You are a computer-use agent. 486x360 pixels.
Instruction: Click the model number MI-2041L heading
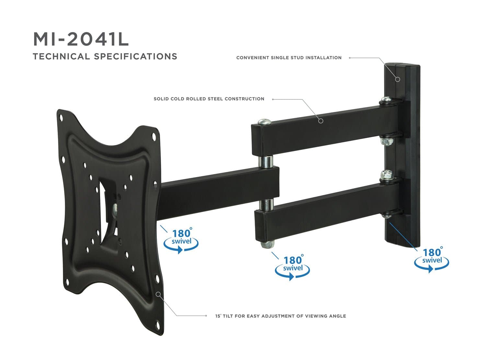click(81, 39)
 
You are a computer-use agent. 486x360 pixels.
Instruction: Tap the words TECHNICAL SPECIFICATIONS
click(105, 56)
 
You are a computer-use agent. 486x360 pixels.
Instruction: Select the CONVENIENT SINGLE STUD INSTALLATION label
click(289, 58)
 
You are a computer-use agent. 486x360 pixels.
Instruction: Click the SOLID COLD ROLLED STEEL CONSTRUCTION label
click(209, 99)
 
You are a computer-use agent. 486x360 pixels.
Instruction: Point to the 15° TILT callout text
click(281, 316)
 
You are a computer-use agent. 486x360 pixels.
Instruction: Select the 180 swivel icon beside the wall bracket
click(432, 259)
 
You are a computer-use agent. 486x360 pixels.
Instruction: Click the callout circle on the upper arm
click(321, 121)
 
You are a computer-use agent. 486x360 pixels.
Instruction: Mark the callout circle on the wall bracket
click(398, 79)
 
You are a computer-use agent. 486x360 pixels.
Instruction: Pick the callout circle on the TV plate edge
click(158, 294)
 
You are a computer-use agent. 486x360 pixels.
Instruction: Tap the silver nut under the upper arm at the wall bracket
click(385, 141)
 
